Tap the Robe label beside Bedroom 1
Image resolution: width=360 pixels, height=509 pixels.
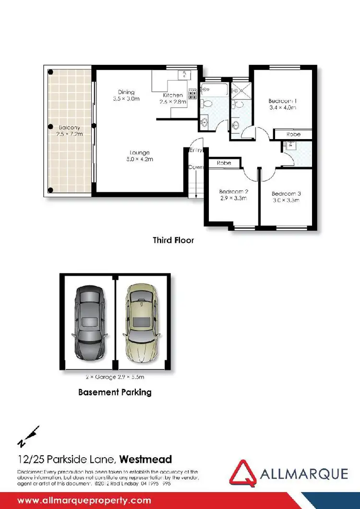pyautogui.click(x=293, y=135)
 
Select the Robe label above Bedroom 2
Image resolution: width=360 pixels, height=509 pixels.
pyautogui.click(x=224, y=163)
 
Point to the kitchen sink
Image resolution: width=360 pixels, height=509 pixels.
pyautogui.click(x=183, y=74)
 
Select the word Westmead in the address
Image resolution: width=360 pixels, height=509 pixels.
pyautogui.click(x=145, y=459)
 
